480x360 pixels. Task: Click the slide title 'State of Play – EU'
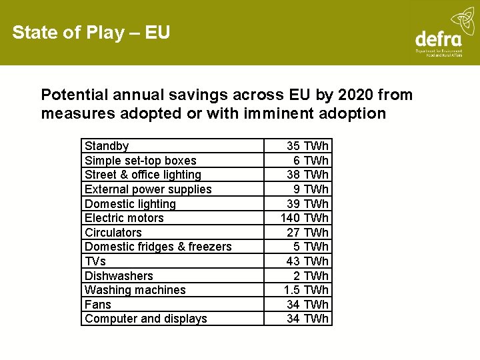pyautogui.click(x=91, y=32)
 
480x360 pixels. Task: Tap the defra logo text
pyautogui.click(x=438, y=39)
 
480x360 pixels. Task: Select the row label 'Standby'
pyautogui.click(x=107, y=146)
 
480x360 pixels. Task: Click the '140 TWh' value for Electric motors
pyautogui.click(x=305, y=218)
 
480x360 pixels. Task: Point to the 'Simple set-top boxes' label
pyautogui.click(x=141, y=161)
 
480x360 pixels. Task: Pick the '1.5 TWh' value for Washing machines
pyautogui.click(x=306, y=290)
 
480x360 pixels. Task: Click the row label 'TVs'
pyautogui.click(x=95, y=261)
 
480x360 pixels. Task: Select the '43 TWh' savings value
pyautogui.click(x=307, y=261)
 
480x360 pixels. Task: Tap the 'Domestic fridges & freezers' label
pyautogui.click(x=158, y=247)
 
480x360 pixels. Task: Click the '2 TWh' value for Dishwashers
pyautogui.click(x=311, y=276)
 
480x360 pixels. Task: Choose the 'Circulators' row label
pyautogui.click(x=113, y=233)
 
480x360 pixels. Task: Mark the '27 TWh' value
pyautogui.click(x=307, y=233)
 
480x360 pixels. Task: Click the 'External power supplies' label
pyautogui.click(x=148, y=189)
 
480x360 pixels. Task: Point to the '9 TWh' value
pyautogui.click(x=311, y=189)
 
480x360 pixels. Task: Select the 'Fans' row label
pyautogui.click(x=98, y=305)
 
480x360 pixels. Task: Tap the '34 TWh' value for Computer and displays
pyautogui.click(x=307, y=319)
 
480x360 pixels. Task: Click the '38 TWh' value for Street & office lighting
pyautogui.click(x=307, y=175)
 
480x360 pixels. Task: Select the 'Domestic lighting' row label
pyautogui.click(x=130, y=204)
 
